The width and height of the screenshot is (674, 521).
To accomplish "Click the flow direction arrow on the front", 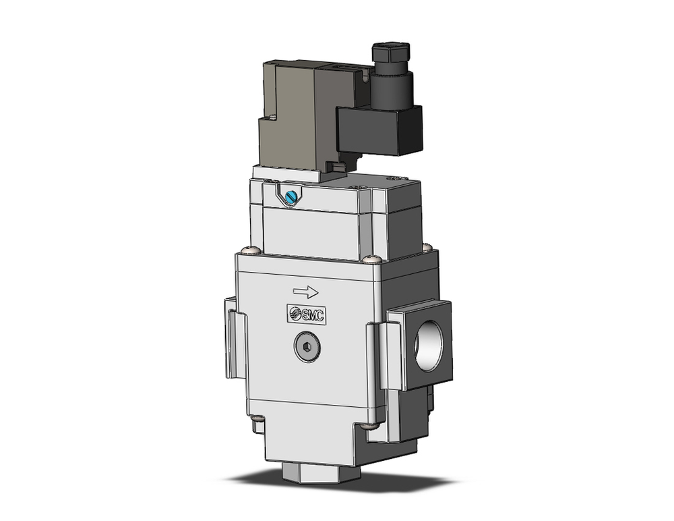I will [x=305, y=292].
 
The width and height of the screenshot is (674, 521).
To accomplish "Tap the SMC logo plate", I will [x=307, y=314].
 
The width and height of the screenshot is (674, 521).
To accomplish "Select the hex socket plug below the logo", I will [x=307, y=348].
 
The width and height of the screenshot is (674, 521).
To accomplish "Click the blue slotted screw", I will [x=291, y=196].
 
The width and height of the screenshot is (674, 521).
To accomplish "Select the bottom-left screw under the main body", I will [x=257, y=424].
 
